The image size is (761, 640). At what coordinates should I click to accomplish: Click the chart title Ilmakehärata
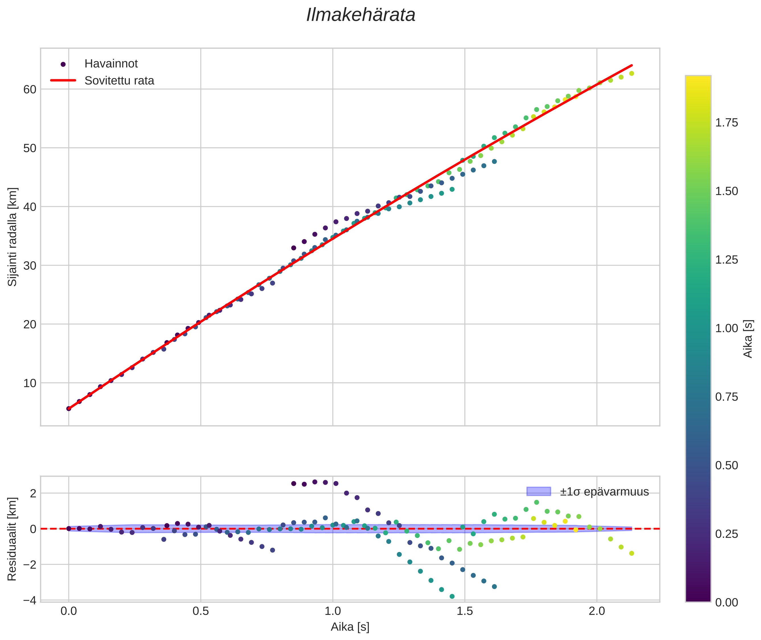click(x=360, y=15)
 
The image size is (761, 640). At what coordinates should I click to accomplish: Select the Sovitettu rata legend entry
click(x=119, y=81)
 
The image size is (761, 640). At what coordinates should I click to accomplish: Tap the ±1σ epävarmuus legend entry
click(x=604, y=492)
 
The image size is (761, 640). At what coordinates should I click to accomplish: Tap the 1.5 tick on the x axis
click(x=465, y=611)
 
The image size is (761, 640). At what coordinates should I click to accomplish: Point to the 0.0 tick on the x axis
click(x=69, y=611)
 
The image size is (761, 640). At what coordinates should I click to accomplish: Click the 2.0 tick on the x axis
click(x=597, y=611)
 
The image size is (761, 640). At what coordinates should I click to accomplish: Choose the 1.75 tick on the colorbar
click(x=726, y=123)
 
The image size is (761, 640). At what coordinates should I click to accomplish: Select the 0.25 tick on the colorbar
click(x=726, y=534)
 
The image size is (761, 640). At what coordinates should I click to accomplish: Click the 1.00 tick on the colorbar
click(x=726, y=328)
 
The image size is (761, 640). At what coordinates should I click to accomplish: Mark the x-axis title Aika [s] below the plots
click(x=350, y=627)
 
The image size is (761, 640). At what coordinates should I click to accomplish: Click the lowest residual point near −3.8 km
click(x=452, y=596)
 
